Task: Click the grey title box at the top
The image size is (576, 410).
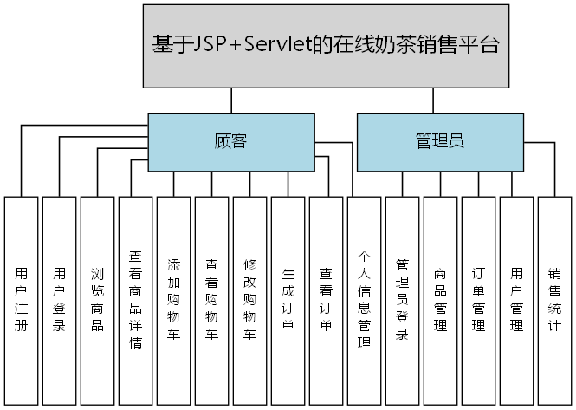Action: tap(325, 47)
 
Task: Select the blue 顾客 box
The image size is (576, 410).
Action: tap(230, 141)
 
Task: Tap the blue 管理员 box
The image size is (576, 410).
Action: tap(440, 141)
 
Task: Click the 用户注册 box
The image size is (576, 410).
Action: tap(21, 301)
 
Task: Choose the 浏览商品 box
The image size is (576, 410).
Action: tap(97, 301)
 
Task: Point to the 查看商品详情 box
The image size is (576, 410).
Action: tap(135, 301)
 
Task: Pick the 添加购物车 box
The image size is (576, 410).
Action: tap(173, 301)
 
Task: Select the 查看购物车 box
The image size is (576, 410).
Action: tap(211, 301)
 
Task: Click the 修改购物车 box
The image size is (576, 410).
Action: tap(249, 301)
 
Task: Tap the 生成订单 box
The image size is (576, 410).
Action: tap(288, 301)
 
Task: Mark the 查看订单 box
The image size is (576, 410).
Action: tap(326, 301)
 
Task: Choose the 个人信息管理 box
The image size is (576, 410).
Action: tap(364, 301)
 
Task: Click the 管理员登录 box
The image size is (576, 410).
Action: tap(402, 301)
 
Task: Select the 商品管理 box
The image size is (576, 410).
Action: tap(440, 301)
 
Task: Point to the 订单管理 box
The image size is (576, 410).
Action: tap(478, 301)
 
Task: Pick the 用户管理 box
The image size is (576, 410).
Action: tap(516, 301)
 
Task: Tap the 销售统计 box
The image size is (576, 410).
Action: tap(554, 301)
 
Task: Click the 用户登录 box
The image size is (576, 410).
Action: tap(59, 301)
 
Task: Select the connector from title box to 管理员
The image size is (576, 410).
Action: tap(433, 101)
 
